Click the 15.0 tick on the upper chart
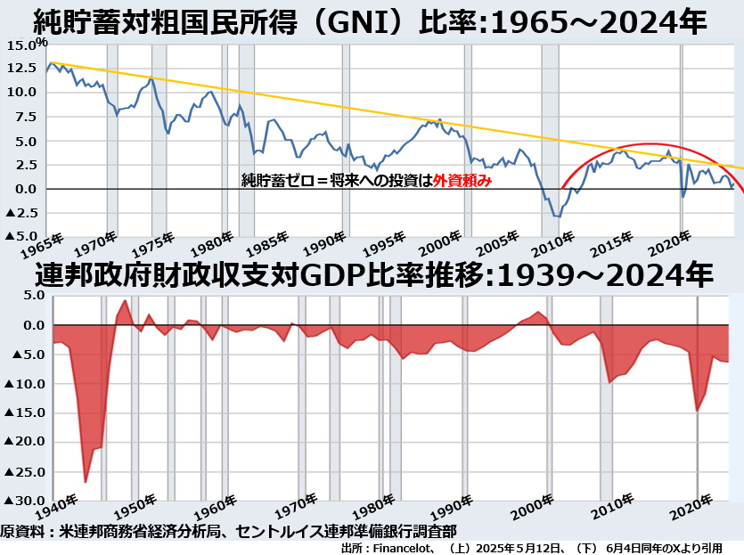[20, 45]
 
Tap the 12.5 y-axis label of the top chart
[20, 69]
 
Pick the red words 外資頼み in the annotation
[462, 180]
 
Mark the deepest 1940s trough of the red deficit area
[86, 482]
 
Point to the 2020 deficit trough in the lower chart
[698, 411]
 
